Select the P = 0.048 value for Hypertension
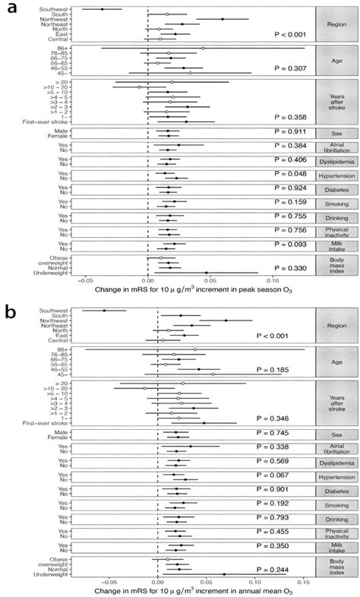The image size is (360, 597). click(291, 174)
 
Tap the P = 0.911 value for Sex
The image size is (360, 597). click(291, 131)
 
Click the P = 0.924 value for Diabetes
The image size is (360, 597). click(291, 188)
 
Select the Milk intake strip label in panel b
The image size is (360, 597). click(333, 547)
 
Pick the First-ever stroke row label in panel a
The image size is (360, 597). click(45, 122)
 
